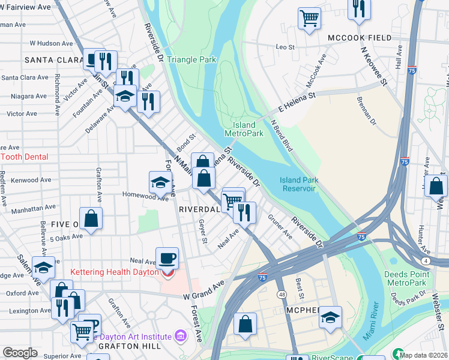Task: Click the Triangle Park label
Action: tap(191, 60)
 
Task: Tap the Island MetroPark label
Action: tap(244, 128)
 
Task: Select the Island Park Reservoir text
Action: tap(298, 184)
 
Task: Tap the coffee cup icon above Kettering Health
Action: tap(167, 257)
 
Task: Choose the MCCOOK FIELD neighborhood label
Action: tap(360, 38)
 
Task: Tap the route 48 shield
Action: tap(281, 295)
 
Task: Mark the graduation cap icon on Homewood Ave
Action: tap(160, 182)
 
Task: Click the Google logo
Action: tap(20, 353)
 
